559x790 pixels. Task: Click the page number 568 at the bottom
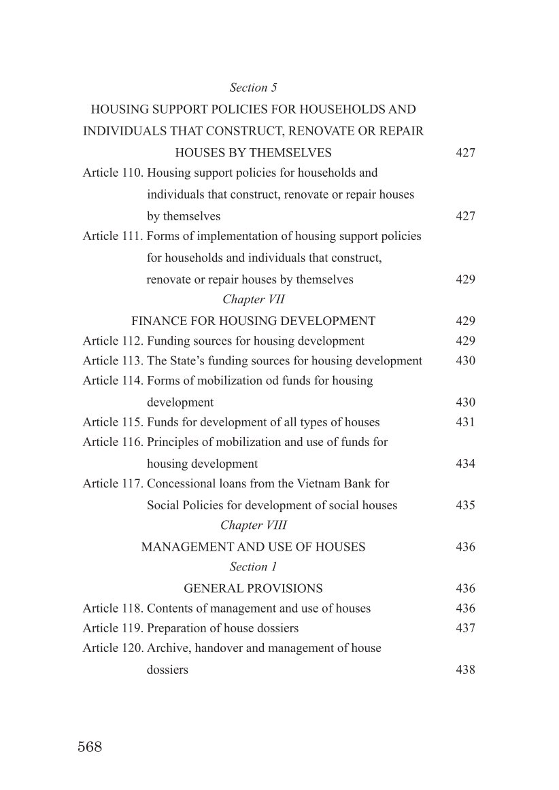tap(90, 747)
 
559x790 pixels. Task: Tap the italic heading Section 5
tap(253, 88)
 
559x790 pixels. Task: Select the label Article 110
tap(113, 173)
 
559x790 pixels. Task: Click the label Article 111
tap(113, 237)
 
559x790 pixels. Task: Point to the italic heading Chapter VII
tap(254, 299)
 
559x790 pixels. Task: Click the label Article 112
tap(113, 341)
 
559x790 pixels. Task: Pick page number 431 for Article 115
tap(465, 423)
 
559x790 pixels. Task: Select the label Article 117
tap(113, 484)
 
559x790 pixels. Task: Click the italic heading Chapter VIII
tap(254, 526)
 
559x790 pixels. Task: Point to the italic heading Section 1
tap(253, 567)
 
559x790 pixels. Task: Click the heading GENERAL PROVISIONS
tap(253, 589)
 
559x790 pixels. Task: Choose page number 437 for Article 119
tap(465, 629)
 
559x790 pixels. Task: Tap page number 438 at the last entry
tap(465, 670)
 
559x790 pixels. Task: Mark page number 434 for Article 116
tap(465, 464)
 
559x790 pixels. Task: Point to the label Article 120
tap(113, 649)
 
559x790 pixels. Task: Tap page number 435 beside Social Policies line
tap(465, 506)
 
